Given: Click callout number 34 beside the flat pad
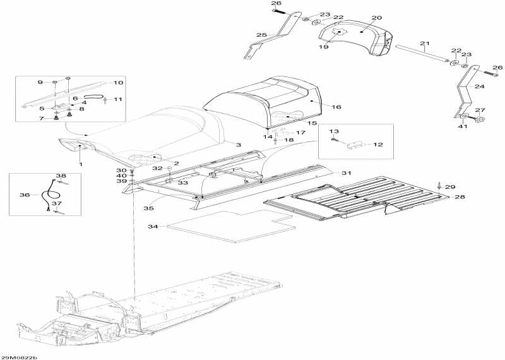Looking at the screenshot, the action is click(x=153, y=227).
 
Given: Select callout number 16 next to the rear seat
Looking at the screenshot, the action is click(x=336, y=107).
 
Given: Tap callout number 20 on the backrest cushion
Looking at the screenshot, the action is click(x=376, y=18).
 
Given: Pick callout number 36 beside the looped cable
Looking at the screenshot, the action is click(x=25, y=195).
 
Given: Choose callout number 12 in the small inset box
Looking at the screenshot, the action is click(x=377, y=145).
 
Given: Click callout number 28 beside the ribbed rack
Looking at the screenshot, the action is click(x=460, y=196).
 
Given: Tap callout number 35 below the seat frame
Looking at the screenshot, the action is click(x=148, y=208).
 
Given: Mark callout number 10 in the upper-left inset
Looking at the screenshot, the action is click(x=118, y=83).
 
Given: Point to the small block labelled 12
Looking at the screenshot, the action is click(x=357, y=145).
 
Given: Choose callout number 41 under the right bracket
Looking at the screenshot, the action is click(x=463, y=126).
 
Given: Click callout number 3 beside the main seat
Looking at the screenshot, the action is click(x=239, y=145).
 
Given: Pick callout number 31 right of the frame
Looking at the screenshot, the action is click(x=346, y=173).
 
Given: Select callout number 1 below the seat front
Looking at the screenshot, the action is click(x=81, y=164).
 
